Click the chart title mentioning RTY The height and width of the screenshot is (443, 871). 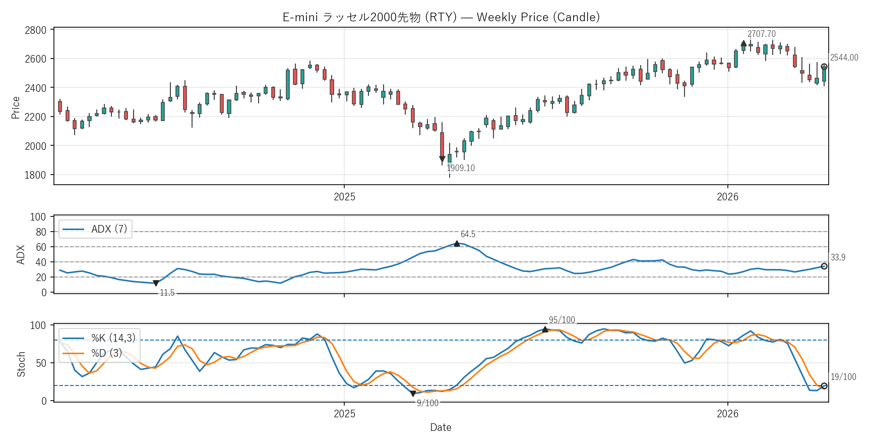[x=441, y=17]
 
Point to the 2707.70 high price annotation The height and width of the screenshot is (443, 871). [x=761, y=34]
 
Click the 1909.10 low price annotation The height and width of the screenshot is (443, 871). [x=461, y=168]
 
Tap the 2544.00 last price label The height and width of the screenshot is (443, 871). [x=844, y=58]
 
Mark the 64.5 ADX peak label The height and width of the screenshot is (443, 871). [x=468, y=234]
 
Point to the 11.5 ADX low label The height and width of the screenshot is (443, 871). [x=167, y=293]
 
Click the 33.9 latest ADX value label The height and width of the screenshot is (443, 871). [x=838, y=257]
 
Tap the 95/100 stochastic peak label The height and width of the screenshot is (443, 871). [x=562, y=320]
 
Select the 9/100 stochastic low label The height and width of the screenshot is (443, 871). [x=427, y=403]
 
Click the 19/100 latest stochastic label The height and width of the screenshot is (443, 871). [x=843, y=377]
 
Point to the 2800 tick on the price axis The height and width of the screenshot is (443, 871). [x=35, y=30]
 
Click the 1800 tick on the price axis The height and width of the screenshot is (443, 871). [x=35, y=175]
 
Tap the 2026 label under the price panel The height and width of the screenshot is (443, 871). [x=727, y=197]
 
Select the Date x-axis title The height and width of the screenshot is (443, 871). [x=441, y=427]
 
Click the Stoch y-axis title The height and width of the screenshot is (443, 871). [x=21, y=364]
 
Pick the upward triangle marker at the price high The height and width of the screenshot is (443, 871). [x=743, y=43]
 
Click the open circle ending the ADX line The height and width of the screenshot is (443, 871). [x=824, y=266]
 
